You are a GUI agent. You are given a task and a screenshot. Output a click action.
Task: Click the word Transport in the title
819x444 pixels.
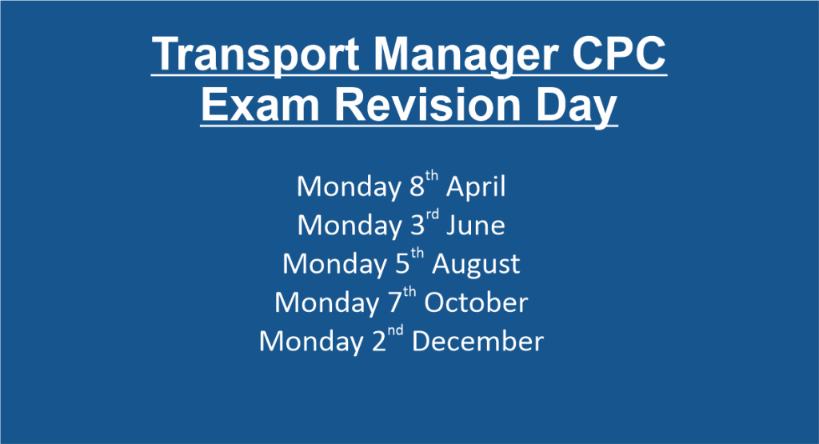point(257,54)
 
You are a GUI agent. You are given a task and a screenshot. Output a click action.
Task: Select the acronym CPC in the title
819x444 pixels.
point(619,54)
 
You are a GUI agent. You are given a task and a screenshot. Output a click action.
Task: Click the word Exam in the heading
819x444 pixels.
point(260,105)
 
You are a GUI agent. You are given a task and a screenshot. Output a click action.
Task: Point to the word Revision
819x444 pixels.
point(428,105)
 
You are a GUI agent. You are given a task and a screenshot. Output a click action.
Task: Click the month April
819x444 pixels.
point(475,187)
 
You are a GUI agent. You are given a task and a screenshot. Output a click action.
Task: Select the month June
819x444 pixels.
point(475,226)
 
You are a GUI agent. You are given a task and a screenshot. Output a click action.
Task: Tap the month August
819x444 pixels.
point(476,264)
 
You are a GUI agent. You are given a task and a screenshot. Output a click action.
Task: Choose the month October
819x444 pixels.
point(476,302)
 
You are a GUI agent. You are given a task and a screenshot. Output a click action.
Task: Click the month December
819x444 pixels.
point(478,341)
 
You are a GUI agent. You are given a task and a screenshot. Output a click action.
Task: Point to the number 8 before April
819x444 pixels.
point(417,186)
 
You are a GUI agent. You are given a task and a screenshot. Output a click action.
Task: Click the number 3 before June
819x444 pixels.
point(417,225)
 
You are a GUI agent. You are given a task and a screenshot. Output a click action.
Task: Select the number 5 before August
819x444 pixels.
point(403,264)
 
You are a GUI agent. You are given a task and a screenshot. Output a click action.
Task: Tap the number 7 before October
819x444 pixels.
point(395,302)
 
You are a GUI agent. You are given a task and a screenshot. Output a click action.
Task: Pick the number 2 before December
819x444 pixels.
point(379,341)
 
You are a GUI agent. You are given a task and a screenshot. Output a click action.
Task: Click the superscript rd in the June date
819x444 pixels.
point(432,214)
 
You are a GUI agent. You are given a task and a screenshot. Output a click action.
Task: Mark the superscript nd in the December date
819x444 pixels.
point(395,330)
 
